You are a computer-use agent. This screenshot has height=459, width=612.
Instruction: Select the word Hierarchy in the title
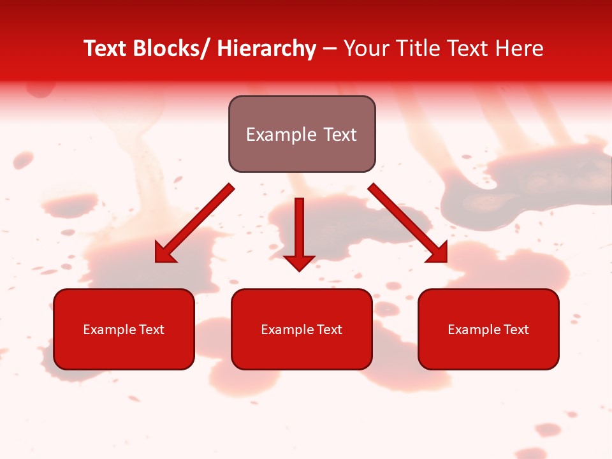pos(266,48)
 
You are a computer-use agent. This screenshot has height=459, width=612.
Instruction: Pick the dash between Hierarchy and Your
pos(330,50)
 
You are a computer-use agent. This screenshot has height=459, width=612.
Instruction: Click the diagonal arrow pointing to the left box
pos(194,223)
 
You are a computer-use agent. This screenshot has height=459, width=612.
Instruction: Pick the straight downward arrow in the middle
pos(299,233)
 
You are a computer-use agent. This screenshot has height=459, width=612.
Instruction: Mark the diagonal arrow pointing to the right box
pos(408,223)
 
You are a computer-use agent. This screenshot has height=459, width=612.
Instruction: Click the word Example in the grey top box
pos(276,135)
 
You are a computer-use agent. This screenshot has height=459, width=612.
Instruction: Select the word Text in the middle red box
pos(328,330)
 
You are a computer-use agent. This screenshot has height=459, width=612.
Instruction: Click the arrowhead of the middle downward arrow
pos(299,262)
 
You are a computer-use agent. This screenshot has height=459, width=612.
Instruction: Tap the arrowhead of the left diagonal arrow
pos(164,253)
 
